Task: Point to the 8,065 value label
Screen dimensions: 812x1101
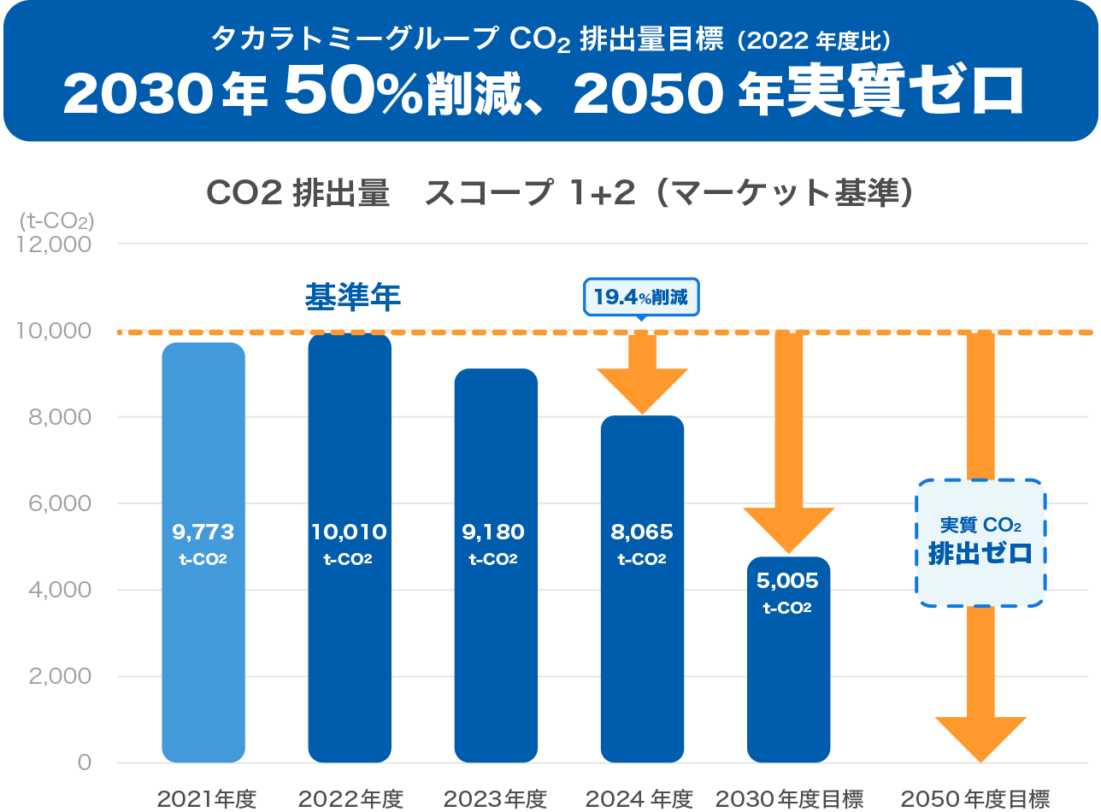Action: [642, 533]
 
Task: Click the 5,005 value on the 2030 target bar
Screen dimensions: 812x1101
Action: [787, 581]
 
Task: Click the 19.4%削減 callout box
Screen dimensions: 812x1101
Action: [641, 297]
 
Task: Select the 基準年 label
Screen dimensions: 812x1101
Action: [353, 297]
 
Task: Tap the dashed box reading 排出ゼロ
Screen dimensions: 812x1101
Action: [981, 543]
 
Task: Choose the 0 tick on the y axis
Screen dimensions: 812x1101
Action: [84, 762]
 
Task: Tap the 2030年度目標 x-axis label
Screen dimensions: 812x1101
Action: [789, 799]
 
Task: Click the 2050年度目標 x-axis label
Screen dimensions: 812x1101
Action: [975, 799]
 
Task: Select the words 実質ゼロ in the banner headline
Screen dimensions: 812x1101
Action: [904, 92]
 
